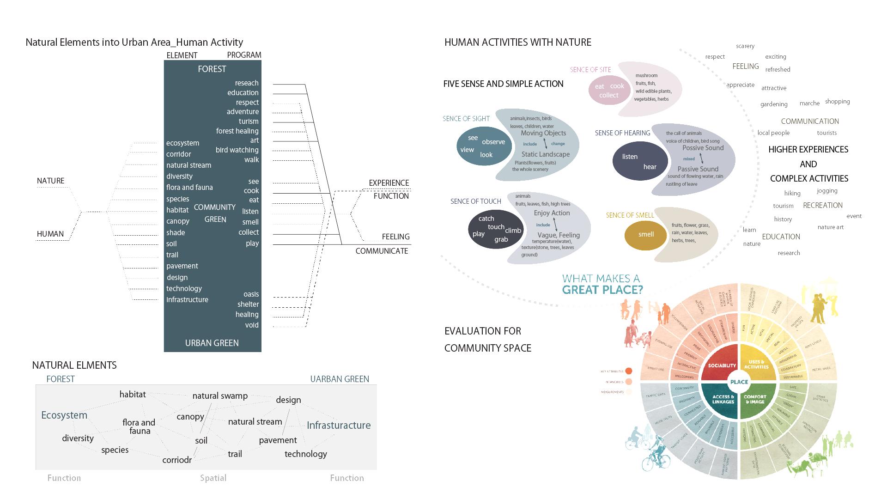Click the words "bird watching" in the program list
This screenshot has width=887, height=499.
[x=237, y=150]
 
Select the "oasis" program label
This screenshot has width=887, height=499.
[x=251, y=294]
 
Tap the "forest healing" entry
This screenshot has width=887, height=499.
[x=237, y=131]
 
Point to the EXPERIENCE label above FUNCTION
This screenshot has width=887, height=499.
[x=389, y=183]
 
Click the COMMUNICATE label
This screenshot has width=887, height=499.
[x=382, y=251]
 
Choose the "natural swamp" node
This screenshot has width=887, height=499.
[x=220, y=396]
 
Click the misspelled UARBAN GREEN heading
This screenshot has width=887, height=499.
[x=340, y=379]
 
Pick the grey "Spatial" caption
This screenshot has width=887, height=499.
[x=213, y=478]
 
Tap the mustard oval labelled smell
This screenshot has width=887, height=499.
[x=646, y=235]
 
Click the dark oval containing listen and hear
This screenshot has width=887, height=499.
[x=640, y=161]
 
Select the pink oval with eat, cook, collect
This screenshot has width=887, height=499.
[x=609, y=91]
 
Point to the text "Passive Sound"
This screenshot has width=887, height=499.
[x=698, y=169]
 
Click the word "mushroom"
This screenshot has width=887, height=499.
[x=646, y=75]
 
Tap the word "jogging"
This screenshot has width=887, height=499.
[x=827, y=191]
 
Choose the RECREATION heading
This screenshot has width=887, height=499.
[x=823, y=206]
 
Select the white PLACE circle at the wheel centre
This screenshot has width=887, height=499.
[x=739, y=382]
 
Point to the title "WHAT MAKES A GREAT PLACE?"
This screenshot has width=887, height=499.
[x=602, y=285]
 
